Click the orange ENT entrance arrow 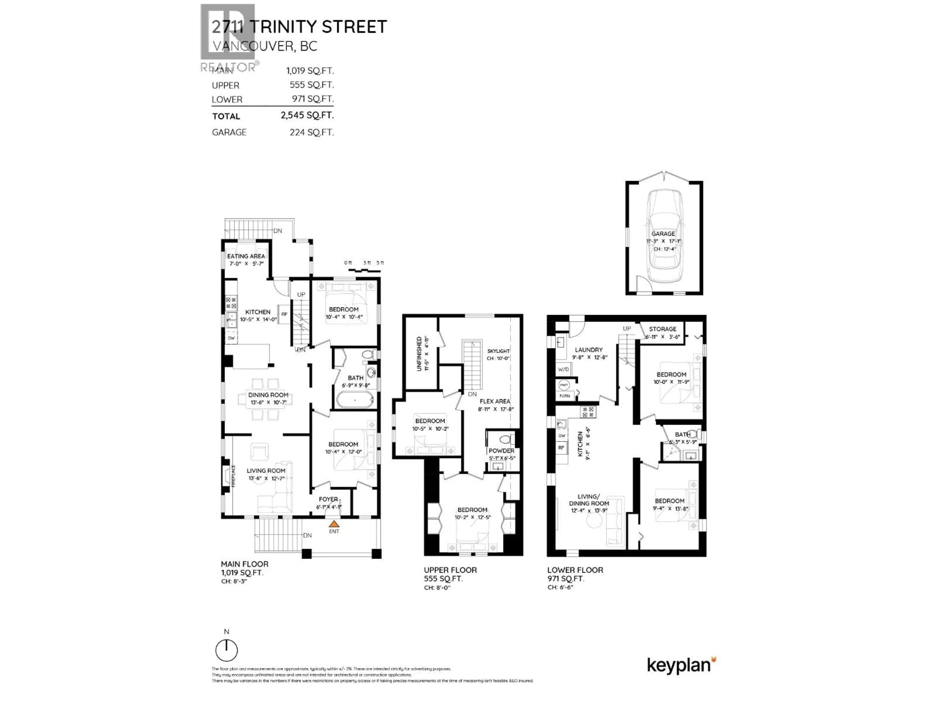pyautogui.click(x=334, y=524)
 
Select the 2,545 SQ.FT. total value pyautogui.click(x=307, y=115)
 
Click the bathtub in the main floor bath pyautogui.click(x=355, y=400)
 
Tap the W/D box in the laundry pyautogui.click(x=563, y=370)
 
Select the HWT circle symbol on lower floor pyautogui.click(x=564, y=385)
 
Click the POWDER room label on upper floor pyautogui.click(x=501, y=451)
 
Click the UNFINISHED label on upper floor pyautogui.click(x=419, y=354)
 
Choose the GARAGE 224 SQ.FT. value pyautogui.click(x=312, y=132)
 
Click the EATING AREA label pyautogui.click(x=246, y=256)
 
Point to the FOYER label pyautogui.click(x=328, y=499)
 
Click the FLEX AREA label pyautogui.click(x=495, y=401)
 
